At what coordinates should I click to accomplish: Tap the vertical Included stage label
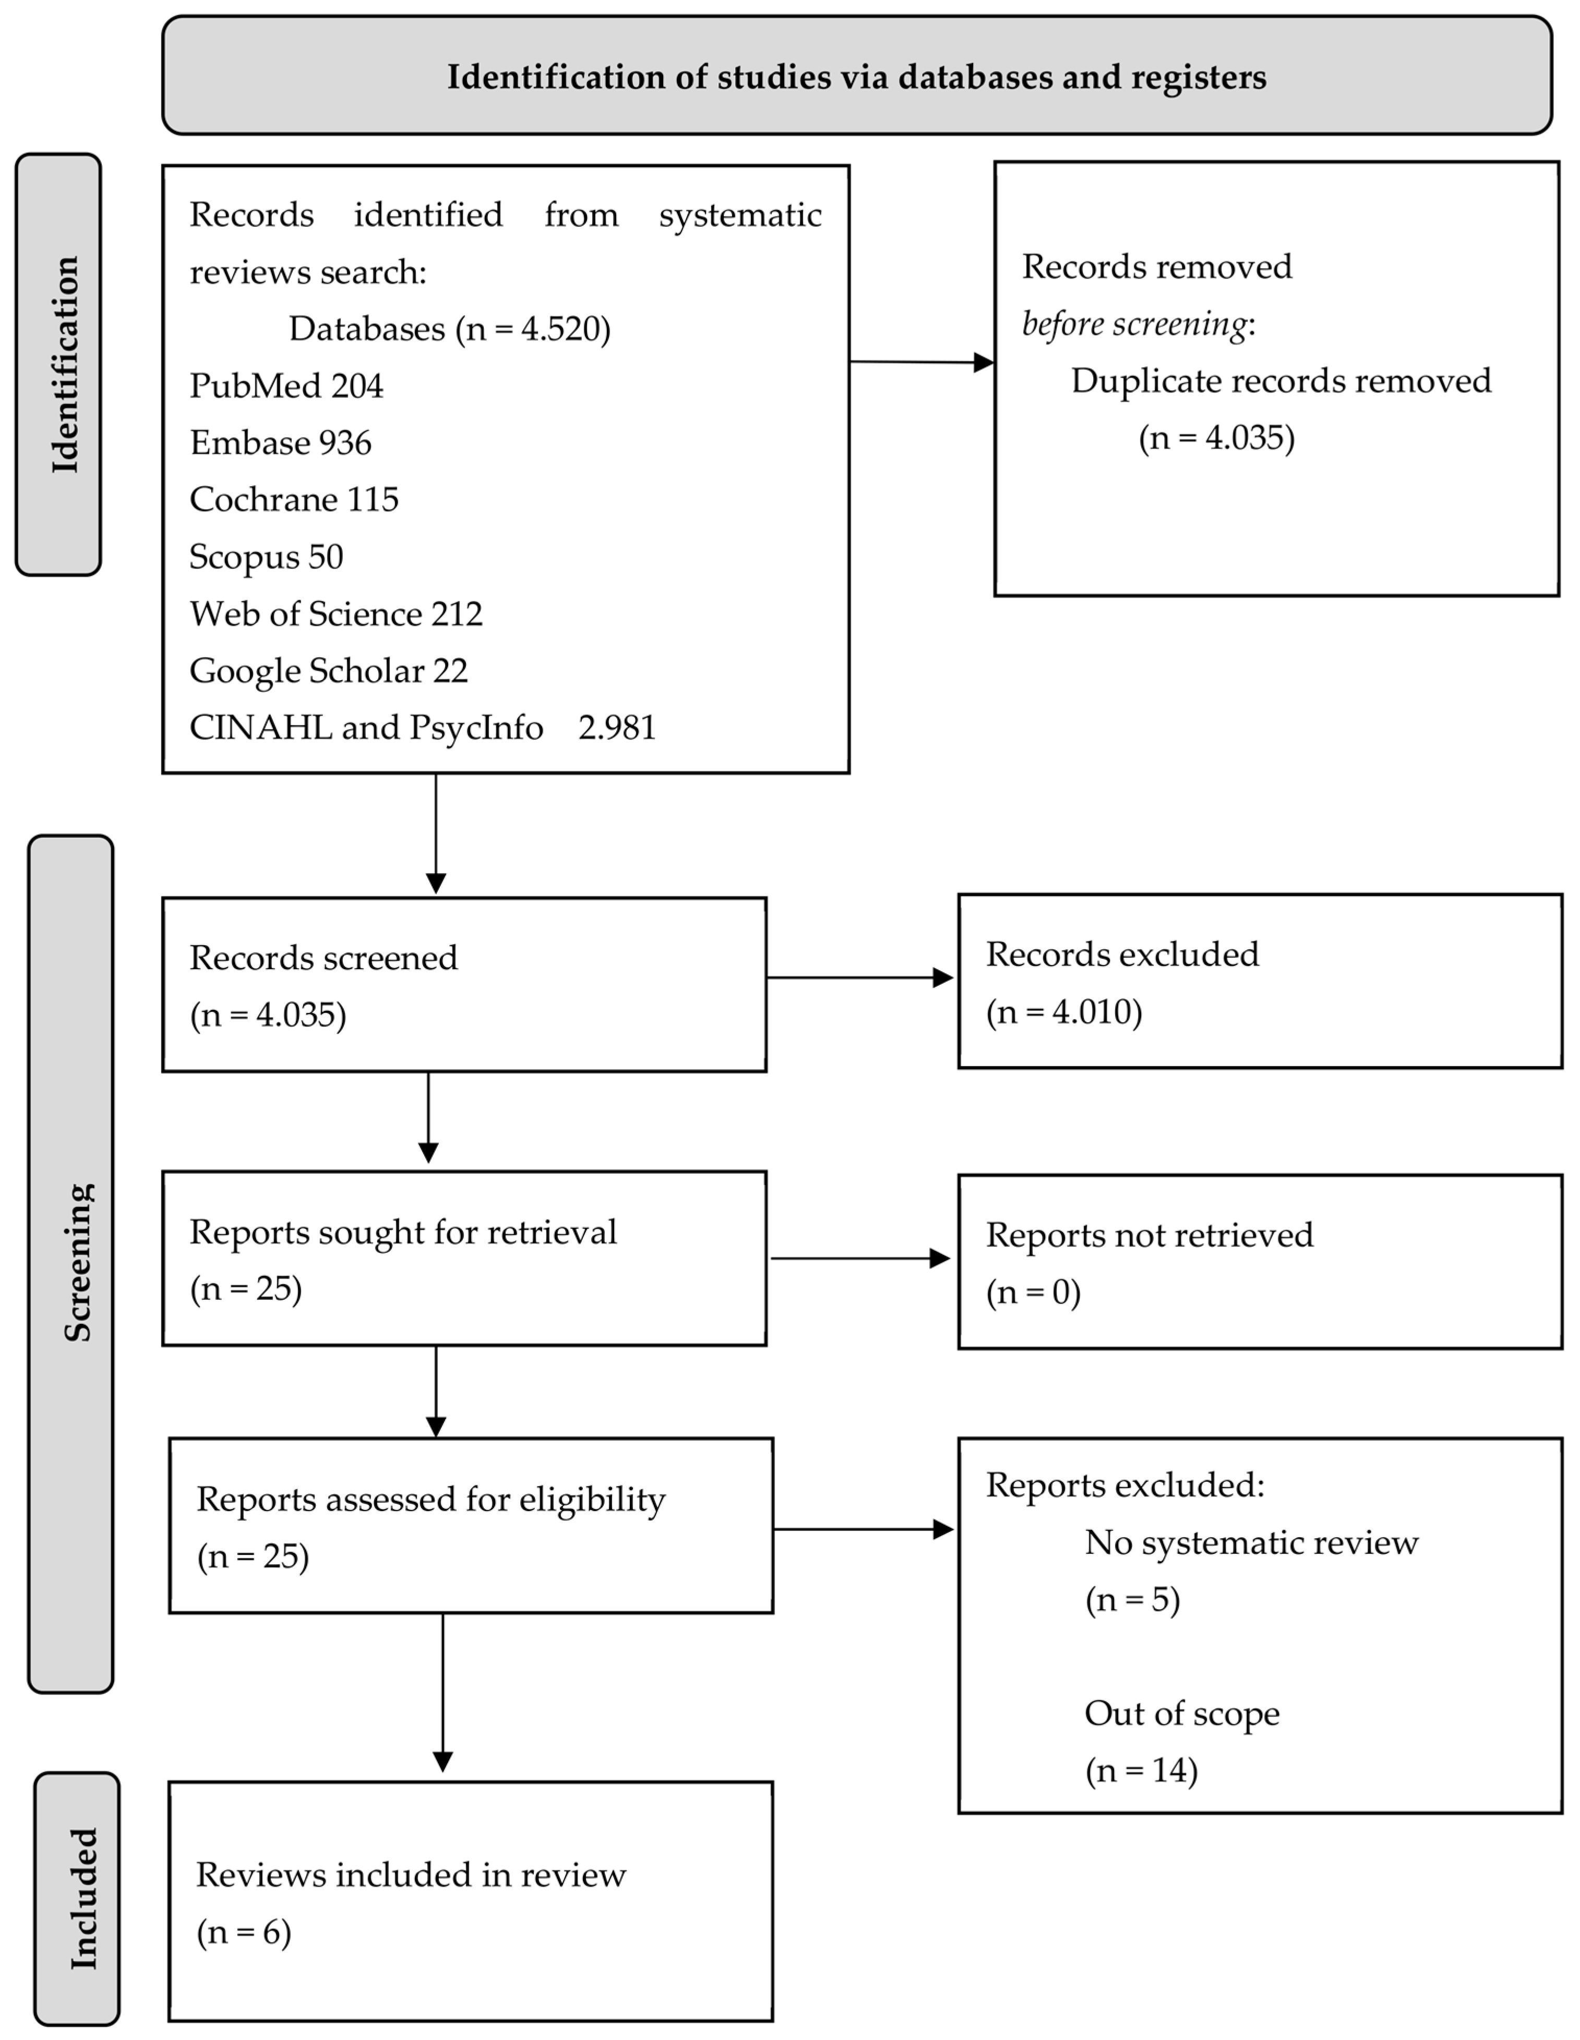[83, 1899]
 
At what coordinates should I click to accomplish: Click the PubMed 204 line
[286, 386]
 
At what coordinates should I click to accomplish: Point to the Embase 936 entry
[280, 443]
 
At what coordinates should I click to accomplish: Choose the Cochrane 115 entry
[293, 500]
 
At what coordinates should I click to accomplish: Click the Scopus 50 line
[266, 557]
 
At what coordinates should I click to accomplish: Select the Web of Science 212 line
[336, 614]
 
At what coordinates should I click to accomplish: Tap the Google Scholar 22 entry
[328, 671]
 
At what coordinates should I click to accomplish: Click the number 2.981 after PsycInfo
[617, 728]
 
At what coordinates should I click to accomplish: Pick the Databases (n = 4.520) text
[449, 329]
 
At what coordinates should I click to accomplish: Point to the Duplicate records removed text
[1280, 381]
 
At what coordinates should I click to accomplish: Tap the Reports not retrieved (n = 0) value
[1033, 1292]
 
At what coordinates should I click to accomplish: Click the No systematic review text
[1250, 1542]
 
